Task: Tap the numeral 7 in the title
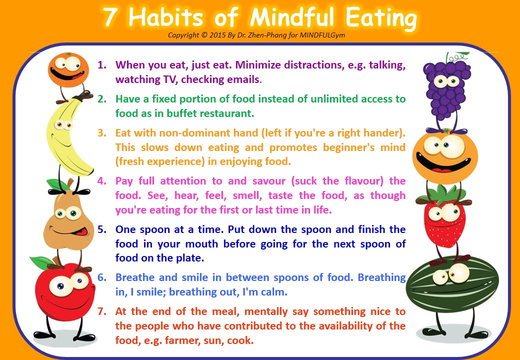(x=110, y=18)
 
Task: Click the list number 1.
(x=102, y=65)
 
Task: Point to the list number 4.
(x=102, y=181)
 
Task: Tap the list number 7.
(x=102, y=311)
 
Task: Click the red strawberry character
(x=444, y=220)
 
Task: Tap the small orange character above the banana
(x=68, y=70)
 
